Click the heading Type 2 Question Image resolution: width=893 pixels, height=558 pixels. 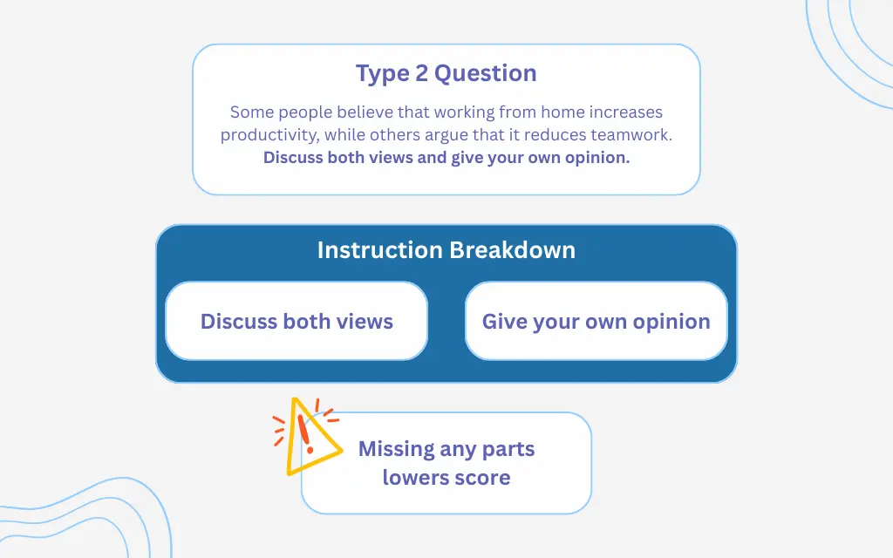pyautogui.click(x=446, y=73)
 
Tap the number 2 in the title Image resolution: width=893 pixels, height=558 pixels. pyautogui.click(x=421, y=73)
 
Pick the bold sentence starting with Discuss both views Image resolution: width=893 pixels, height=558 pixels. pyautogui.click(x=446, y=158)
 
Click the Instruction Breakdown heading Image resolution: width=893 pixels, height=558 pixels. pyautogui.click(x=446, y=250)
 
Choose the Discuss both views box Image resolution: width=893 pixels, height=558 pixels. pyautogui.click(x=297, y=321)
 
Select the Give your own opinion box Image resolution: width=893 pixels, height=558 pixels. pyautogui.click(x=596, y=321)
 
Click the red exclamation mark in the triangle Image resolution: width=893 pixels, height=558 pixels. pyautogui.click(x=304, y=431)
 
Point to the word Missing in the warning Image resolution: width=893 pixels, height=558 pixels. pyautogui.click(x=397, y=449)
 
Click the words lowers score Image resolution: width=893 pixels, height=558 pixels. pyautogui.click(x=446, y=478)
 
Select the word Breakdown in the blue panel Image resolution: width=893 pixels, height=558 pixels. pyautogui.click(x=512, y=250)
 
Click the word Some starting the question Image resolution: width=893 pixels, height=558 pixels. pyautogui.click(x=250, y=112)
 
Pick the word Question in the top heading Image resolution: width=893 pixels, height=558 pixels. pyautogui.click(x=485, y=73)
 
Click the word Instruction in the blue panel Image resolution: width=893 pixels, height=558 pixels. pyautogui.click(x=380, y=250)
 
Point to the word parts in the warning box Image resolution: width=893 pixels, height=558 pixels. pyautogui.click(x=509, y=450)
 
